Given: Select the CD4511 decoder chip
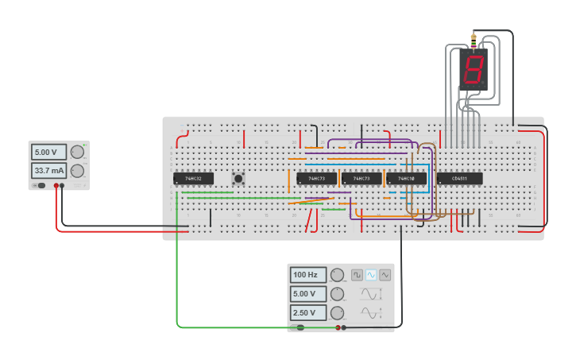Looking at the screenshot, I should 459,179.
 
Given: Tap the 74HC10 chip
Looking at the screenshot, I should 406,179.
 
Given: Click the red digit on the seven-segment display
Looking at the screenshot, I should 474,68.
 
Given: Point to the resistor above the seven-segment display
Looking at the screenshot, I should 474,42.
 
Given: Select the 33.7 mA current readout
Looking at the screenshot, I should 48,171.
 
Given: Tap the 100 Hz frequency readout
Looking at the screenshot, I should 307,275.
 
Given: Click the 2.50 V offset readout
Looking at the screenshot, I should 307,313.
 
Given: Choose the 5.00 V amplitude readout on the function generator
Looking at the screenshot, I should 307,294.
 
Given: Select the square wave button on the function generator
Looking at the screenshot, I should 358,275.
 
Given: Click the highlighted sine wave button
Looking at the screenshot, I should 371,275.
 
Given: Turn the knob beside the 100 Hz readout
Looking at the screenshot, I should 338,275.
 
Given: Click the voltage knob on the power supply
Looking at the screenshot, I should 77,152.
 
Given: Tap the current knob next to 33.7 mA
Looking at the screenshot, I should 77,171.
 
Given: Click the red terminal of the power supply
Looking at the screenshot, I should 56,186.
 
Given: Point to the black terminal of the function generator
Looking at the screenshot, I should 343,327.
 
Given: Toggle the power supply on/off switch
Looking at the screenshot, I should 39,186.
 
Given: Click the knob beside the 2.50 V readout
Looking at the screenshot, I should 338,313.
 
